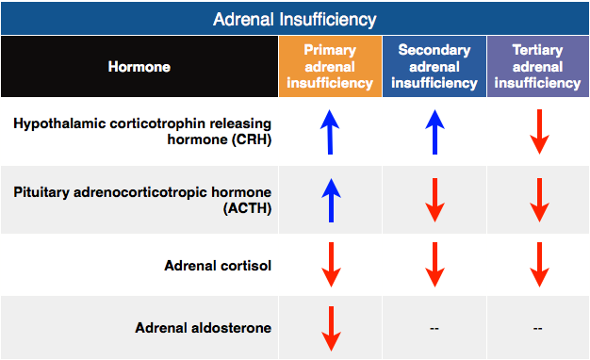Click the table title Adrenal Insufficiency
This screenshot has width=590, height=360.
295,19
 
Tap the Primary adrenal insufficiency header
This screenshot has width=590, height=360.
330,67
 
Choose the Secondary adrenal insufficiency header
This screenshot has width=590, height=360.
434,67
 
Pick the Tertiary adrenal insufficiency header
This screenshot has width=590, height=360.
538,67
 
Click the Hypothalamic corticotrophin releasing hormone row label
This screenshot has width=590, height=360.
142,131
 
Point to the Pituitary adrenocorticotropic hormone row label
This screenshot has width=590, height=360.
142,200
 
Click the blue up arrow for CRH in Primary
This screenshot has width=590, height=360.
329,131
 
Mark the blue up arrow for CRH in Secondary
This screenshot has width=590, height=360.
434,131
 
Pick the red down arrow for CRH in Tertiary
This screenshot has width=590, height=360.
538,131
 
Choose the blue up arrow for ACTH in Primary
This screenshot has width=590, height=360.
329,200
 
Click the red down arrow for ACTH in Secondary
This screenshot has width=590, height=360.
434,200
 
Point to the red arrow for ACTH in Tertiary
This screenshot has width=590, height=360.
538,200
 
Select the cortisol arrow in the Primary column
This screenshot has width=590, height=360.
329,265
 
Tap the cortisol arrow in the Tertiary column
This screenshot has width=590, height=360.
538,265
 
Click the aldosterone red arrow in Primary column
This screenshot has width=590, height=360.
329,328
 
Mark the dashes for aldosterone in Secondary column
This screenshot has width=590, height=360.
434,329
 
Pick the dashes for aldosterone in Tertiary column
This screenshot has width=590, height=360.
538,329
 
